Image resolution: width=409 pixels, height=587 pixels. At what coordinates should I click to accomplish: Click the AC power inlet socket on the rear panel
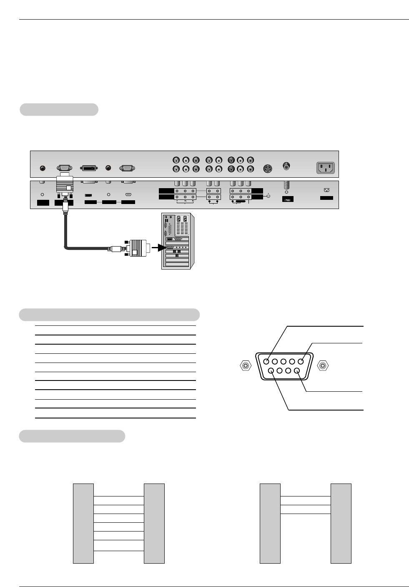[x=326, y=168]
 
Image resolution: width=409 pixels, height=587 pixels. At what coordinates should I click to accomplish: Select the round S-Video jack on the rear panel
[x=268, y=169]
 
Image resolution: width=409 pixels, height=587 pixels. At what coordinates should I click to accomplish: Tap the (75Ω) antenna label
[x=288, y=199]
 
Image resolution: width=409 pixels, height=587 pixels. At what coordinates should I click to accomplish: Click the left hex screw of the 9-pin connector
[x=246, y=366]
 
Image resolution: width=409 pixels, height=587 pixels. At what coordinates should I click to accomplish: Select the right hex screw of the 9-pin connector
[x=323, y=366]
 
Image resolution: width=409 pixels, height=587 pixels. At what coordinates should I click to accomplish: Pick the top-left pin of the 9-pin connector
[x=266, y=362]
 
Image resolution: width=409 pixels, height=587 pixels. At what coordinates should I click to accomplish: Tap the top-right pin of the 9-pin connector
[x=301, y=362]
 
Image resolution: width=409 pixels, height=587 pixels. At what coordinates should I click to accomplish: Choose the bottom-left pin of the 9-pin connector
[x=271, y=370]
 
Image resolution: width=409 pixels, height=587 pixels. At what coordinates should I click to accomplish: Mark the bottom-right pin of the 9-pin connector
[x=297, y=370]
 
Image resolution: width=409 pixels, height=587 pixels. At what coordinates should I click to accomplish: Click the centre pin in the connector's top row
[x=284, y=362]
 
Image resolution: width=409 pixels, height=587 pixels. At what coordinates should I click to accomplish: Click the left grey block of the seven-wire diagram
[x=83, y=523]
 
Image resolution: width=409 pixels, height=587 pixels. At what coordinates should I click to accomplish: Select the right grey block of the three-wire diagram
[x=341, y=523]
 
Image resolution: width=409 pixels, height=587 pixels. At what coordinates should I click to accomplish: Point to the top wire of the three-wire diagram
[x=305, y=496]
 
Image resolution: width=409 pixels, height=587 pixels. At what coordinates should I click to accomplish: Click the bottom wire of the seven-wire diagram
[x=118, y=551]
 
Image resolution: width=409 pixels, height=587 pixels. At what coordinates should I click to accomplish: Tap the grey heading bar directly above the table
[x=109, y=315]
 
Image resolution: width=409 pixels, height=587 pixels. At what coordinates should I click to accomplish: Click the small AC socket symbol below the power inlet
[x=326, y=190]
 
